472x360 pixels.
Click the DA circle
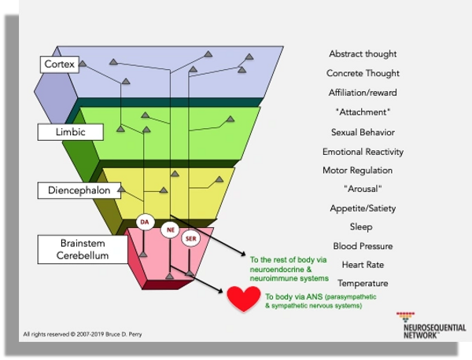point(145,222)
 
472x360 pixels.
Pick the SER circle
point(190,237)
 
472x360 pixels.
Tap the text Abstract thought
point(363,54)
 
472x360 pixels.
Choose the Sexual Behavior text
point(363,132)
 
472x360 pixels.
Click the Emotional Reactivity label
point(363,152)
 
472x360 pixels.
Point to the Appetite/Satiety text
point(363,208)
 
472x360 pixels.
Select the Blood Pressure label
point(363,246)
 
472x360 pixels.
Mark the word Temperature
point(363,283)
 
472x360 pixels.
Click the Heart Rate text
point(363,265)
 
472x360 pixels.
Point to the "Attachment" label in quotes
point(363,112)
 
